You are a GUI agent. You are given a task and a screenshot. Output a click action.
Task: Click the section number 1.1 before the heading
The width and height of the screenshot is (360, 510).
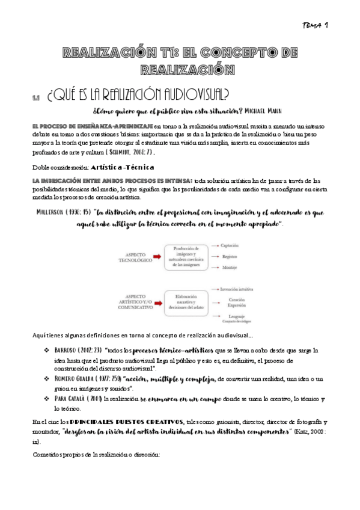pyautogui.click(x=36, y=98)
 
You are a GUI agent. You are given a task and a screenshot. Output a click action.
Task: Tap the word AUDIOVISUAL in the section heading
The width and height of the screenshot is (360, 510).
pyautogui.click(x=191, y=95)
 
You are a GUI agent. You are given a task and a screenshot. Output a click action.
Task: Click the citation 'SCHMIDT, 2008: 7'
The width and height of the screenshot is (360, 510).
pyautogui.click(x=136, y=153)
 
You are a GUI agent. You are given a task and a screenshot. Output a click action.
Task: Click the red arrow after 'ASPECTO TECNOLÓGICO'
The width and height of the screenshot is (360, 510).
pyautogui.click(x=157, y=256)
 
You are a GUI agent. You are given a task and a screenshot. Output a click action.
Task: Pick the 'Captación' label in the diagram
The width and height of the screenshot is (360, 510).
pyautogui.click(x=230, y=245)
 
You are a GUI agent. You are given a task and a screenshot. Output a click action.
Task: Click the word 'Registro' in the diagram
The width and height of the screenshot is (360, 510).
pyautogui.click(x=229, y=256)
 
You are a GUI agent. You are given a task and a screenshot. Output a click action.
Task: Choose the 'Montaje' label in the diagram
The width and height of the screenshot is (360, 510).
pyautogui.click(x=228, y=268)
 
